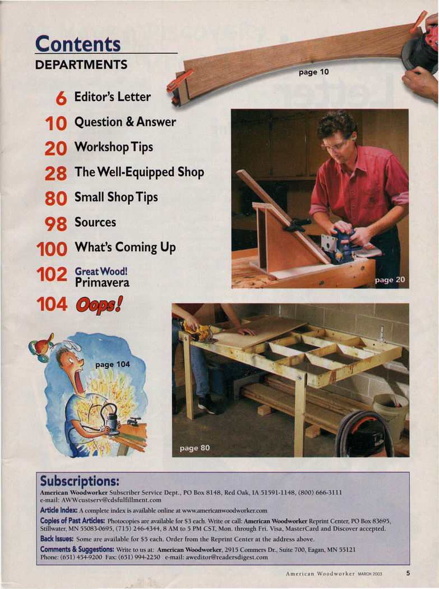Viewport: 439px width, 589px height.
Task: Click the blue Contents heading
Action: [78, 44]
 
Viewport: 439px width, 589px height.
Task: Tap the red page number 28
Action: [56, 173]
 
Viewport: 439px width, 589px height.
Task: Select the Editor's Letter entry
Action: [112, 96]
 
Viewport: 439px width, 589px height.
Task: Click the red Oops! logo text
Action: [99, 305]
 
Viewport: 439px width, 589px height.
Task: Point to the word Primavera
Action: [102, 283]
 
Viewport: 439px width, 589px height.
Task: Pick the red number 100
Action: [52, 249]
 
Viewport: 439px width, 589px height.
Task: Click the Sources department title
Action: [95, 222]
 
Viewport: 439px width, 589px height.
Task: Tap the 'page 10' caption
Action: [313, 72]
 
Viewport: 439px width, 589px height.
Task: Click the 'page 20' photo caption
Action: [390, 280]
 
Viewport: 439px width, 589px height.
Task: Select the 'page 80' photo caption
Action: [195, 448]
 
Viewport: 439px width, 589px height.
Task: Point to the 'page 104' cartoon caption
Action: [113, 364]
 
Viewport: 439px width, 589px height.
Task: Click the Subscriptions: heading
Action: [80, 481]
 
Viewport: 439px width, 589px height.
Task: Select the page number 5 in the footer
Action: [408, 573]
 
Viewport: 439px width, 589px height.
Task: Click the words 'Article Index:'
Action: [59, 510]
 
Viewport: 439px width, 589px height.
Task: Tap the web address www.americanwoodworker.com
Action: [225, 510]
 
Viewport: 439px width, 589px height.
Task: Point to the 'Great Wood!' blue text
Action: [101, 271]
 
